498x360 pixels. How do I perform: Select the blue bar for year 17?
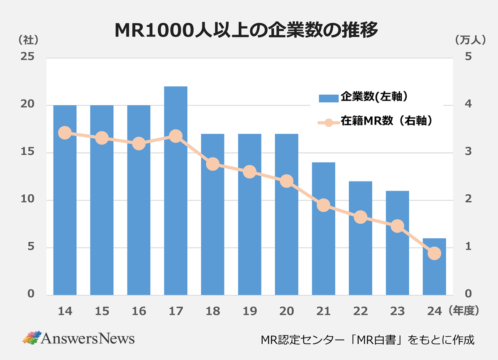click(x=176, y=191)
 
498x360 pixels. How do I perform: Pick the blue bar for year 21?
click(x=323, y=228)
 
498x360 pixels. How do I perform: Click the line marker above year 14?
click(x=65, y=133)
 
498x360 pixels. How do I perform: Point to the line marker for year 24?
click(x=434, y=253)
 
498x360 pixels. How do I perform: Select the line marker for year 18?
click(x=212, y=164)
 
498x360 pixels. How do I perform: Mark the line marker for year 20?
click(x=286, y=181)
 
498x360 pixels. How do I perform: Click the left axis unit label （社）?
click(x=28, y=40)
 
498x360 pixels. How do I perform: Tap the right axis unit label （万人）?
click(x=469, y=40)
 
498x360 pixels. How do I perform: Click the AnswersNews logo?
click(x=79, y=338)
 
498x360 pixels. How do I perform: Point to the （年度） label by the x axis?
click(x=464, y=311)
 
